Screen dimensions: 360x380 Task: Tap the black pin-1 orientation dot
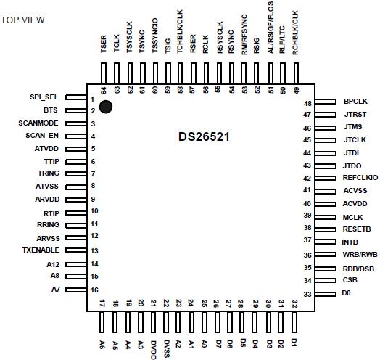(x=107, y=107)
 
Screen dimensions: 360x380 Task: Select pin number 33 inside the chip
(x=307, y=293)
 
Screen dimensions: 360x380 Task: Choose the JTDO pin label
(x=353, y=165)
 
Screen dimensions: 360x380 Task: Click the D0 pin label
(x=347, y=293)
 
